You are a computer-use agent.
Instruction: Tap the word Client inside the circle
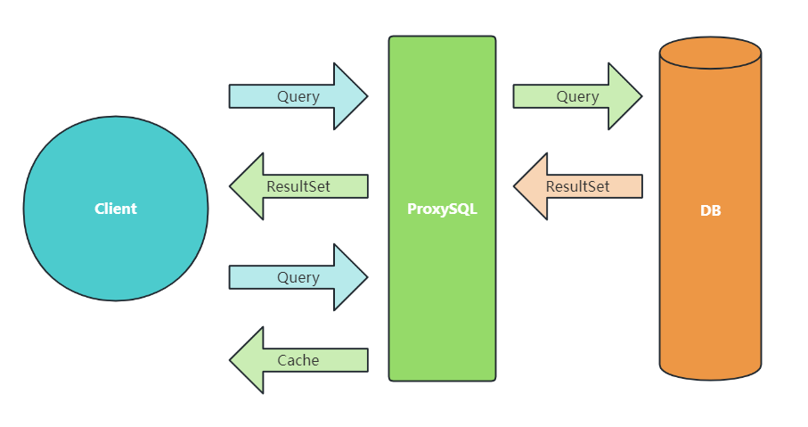[x=116, y=209]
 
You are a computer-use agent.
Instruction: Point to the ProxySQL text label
[x=442, y=209]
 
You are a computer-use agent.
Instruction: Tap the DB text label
[x=710, y=211]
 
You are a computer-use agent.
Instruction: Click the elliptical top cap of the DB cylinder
[x=710, y=53]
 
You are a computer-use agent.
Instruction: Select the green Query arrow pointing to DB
[x=570, y=96]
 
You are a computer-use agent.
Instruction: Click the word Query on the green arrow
[x=577, y=96]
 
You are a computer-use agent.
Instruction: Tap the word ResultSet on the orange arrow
[x=577, y=186]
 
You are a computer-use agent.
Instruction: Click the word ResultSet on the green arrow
[x=298, y=186]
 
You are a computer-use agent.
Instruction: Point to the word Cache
[x=298, y=360]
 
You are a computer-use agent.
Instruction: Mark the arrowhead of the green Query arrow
[x=624, y=96]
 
